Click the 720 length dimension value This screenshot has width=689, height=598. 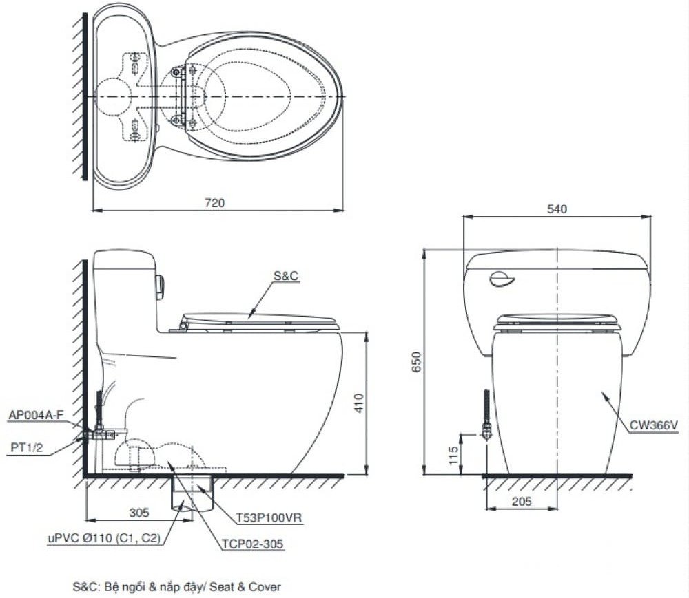pos(214,203)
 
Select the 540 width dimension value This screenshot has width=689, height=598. pos(557,209)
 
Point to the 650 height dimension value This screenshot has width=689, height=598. pos(417,361)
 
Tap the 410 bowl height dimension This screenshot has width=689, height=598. pos(359,403)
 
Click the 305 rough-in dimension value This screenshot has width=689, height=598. pos(139,513)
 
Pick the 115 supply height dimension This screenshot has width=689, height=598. pos(453,455)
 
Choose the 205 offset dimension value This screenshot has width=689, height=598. pos(522,501)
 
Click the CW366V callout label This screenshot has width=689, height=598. pos(653,425)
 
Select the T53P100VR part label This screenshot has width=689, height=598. pos(269,517)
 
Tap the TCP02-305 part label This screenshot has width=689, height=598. pos(253,544)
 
